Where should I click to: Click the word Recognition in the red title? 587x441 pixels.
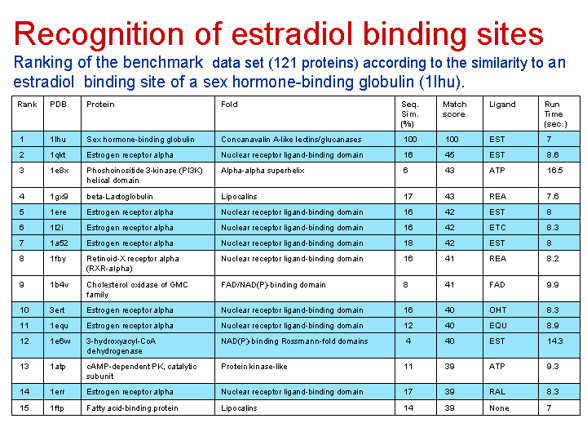coord(99,34)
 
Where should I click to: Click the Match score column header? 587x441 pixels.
coord(454,109)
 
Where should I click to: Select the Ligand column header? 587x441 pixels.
coord(502,105)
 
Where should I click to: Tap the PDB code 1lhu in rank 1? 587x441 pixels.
coord(58,140)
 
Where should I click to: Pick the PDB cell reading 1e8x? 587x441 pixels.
coord(60,171)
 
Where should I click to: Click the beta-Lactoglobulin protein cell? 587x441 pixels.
coord(119,197)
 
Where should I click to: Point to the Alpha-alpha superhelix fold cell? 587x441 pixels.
coord(263,171)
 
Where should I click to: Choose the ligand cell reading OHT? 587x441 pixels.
coord(497,310)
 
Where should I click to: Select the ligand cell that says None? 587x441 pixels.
coord(499,408)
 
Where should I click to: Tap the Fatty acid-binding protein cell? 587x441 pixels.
coord(132,408)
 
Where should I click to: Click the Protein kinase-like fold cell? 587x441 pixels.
coord(254,367)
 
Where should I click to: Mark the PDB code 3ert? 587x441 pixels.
coord(57,310)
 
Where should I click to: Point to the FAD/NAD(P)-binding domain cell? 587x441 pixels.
coord(273,285)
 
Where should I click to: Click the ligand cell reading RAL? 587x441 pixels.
coord(497,392)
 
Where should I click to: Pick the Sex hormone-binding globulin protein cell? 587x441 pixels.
coord(140,140)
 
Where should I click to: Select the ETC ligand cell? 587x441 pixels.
coord(497,228)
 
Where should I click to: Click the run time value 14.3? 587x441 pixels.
coord(555,341)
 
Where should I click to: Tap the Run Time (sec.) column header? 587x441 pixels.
coord(555,114)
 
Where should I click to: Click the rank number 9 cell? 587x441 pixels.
coord(21,285)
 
